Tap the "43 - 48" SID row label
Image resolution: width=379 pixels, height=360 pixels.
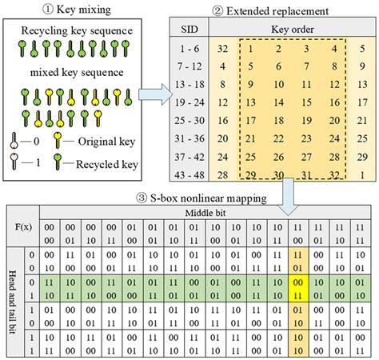(x=191, y=173)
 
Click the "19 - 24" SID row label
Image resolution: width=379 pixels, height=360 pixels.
(x=191, y=103)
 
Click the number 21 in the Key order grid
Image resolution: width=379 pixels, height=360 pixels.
(x=250, y=138)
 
